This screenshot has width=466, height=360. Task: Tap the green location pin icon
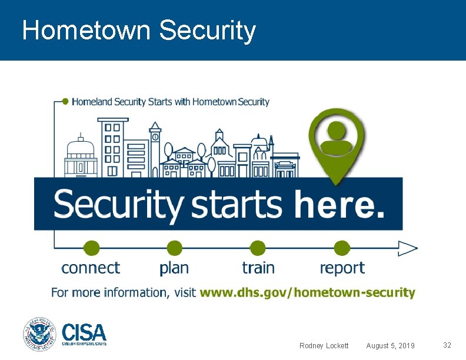click(x=337, y=141)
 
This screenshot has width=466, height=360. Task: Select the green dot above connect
click(x=91, y=248)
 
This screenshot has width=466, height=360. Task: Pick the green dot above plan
click(x=174, y=248)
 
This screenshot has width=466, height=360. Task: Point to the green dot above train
click(x=258, y=248)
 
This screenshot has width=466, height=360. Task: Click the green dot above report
click(x=342, y=248)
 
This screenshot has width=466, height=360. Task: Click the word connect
click(x=91, y=268)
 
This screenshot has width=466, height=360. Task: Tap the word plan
click(x=174, y=268)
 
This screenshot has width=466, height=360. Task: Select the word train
click(x=258, y=268)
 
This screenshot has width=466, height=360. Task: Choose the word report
click(x=342, y=269)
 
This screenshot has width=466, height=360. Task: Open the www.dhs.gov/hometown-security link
click(x=307, y=292)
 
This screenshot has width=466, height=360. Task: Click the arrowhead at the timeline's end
click(x=407, y=248)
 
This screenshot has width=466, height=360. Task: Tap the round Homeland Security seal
click(x=39, y=334)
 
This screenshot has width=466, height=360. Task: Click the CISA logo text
click(x=84, y=332)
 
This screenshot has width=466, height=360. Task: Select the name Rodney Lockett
click(x=324, y=345)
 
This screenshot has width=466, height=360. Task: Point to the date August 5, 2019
click(x=390, y=345)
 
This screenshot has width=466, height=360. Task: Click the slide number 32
click(x=447, y=345)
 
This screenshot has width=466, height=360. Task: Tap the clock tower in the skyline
click(x=155, y=147)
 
